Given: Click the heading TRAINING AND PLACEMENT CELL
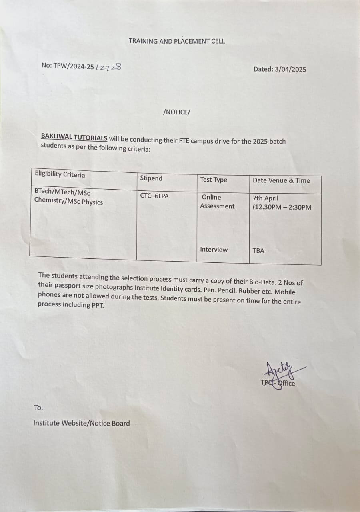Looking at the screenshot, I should pos(176,41).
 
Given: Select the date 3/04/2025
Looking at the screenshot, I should pos(291,69).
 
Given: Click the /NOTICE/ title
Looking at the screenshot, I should pos(176,112).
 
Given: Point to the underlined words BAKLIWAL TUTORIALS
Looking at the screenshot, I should pos(74,137).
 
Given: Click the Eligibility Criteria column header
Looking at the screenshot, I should pos(60,174).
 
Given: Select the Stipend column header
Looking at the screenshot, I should pos(151,178).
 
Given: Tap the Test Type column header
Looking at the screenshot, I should pos(214,180).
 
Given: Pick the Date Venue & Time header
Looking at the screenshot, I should pos(281,180).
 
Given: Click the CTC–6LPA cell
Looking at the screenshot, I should pos(154,196).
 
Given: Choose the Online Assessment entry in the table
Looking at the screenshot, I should pos(217,202).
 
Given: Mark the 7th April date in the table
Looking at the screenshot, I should pos(266,198).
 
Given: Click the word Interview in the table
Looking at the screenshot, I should pos(214,250).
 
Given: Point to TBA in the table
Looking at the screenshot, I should pos(258,251).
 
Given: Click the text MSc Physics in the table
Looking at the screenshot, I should pos(86,202).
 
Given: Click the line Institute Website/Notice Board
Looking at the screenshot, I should pos(81,423).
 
